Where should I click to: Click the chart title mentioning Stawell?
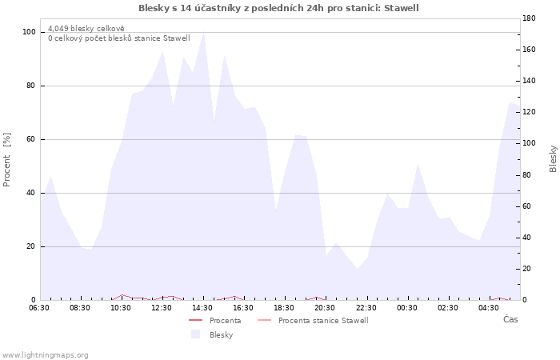point(278,8)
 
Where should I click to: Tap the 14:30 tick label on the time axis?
point(202,308)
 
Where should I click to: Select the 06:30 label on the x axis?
point(39,308)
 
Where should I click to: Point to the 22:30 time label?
point(366,308)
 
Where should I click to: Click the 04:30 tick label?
point(489,308)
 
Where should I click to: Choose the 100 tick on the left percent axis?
point(29,32)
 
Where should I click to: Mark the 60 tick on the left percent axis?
point(31,139)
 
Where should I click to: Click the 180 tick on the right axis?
point(529,18)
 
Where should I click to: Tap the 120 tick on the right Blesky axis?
point(529,112)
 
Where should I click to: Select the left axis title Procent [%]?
point(6,160)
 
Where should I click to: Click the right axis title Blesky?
point(553,159)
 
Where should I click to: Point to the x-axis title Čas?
point(510,319)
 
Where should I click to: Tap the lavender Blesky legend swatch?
point(195,334)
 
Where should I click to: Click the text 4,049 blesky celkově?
point(86,29)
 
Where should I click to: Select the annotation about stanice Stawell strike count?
point(119,38)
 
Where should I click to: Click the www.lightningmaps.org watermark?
point(45,355)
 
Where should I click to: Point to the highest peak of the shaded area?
point(203,32)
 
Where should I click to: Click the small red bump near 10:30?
point(122,295)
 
